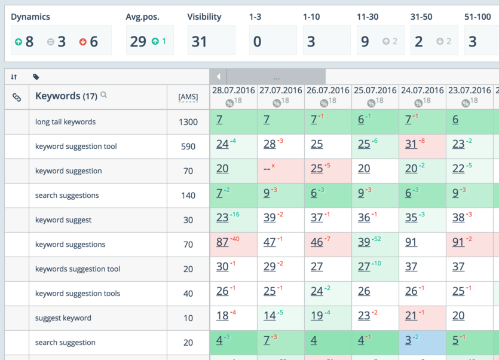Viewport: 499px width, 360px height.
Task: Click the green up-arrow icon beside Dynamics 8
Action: [19, 42]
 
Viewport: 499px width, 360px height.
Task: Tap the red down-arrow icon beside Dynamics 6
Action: [83, 42]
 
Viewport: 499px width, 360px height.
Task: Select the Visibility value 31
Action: [199, 41]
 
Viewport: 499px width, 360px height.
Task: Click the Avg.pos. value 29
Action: [138, 41]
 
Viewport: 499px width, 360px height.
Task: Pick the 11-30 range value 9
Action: [365, 41]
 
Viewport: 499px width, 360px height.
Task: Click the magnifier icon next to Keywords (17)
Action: [104, 94]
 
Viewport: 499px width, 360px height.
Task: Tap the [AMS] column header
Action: [188, 97]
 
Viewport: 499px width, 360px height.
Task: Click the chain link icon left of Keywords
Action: [17, 97]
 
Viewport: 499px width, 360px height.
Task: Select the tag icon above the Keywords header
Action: [36, 77]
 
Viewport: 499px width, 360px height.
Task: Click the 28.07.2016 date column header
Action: [233, 90]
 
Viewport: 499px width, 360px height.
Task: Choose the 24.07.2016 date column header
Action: [422, 90]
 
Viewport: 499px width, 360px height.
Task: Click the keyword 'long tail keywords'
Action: [65, 122]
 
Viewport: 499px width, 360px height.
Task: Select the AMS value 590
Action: [188, 147]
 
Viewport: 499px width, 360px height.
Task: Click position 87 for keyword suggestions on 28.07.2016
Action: [222, 242]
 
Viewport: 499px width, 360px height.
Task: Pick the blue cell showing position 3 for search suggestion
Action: [409, 341]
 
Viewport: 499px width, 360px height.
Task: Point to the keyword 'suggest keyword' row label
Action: [63, 318]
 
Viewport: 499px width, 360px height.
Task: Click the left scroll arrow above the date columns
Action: [219, 77]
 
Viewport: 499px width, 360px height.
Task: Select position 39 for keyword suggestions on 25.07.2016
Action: [364, 242]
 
